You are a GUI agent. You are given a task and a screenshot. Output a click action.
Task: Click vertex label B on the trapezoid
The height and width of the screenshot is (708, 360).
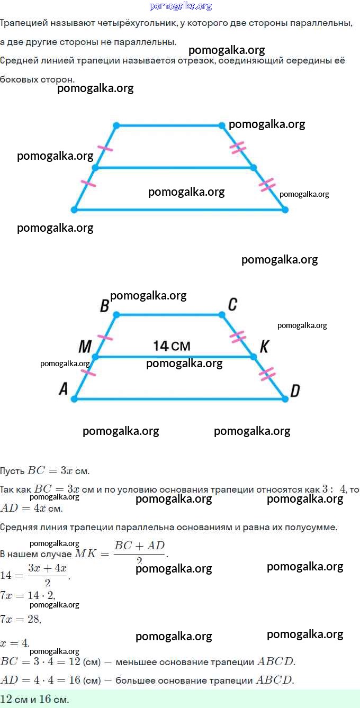point(104,306)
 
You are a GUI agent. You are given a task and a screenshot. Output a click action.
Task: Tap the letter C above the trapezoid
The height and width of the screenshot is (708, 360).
point(232,305)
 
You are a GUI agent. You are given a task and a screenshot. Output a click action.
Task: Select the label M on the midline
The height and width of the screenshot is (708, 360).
point(85,347)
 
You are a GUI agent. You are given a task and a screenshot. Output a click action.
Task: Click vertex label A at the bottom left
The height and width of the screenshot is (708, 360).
point(64,389)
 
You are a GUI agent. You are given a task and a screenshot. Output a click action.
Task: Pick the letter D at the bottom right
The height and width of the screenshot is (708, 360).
point(295,391)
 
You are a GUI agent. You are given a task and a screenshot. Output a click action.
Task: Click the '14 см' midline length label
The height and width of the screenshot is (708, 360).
point(172,346)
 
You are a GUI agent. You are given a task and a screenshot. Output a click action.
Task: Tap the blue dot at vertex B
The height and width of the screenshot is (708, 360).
point(116,315)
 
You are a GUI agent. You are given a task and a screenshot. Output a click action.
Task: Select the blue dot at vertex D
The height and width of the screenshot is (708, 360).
point(285,398)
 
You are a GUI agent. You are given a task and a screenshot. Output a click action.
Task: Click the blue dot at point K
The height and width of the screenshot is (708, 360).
point(253,357)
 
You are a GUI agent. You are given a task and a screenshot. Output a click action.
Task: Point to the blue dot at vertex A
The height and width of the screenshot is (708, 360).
point(74,398)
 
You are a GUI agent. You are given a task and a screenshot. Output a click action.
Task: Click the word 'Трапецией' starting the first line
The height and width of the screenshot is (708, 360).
point(24,23)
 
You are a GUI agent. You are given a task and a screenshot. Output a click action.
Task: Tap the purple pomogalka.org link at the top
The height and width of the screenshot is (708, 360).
point(181,6)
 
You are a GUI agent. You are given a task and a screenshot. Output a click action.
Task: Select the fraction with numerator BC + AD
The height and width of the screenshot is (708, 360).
point(140,552)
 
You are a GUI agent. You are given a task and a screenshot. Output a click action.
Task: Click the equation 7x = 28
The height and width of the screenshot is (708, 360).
point(21,619)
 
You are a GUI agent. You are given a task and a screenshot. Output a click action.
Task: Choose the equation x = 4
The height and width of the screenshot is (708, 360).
point(15,643)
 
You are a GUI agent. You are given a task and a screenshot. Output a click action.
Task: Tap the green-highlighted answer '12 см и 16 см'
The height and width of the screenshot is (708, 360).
point(35,699)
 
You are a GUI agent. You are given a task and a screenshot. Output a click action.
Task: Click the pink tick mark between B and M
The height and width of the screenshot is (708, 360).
point(105,337)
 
